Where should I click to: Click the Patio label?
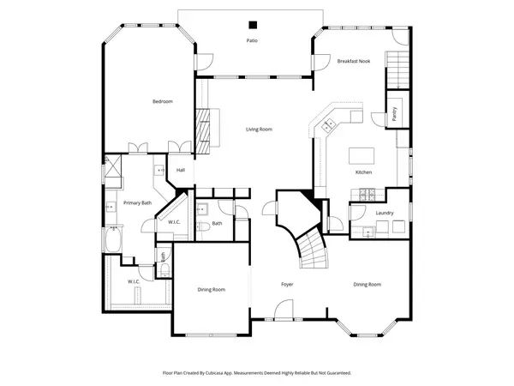coord(252,40)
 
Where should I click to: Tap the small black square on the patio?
coord(252,25)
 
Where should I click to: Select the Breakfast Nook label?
coord(353,61)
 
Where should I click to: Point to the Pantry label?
coord(394,114)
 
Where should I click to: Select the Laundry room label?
coord(384,212)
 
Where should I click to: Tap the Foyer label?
coord(288,284)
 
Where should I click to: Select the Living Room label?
coord(259,129)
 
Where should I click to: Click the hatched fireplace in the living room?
coord(203,129)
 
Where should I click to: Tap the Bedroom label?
coord(162,101)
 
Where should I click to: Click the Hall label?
coord(181,170)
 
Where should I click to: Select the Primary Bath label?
coord(137,202)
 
